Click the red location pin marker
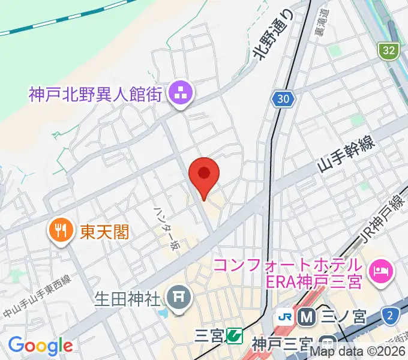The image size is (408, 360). [x=204, y=175]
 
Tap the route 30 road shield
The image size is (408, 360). [x=282, y=98]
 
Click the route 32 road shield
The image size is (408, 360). [x=389, y=51]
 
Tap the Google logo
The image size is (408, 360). [x=40, y=345]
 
